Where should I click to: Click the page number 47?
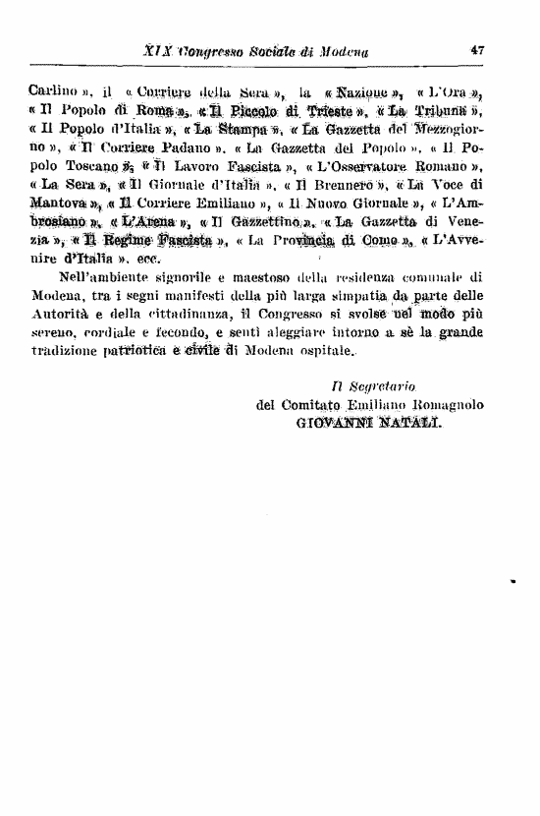pos(479,50)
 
